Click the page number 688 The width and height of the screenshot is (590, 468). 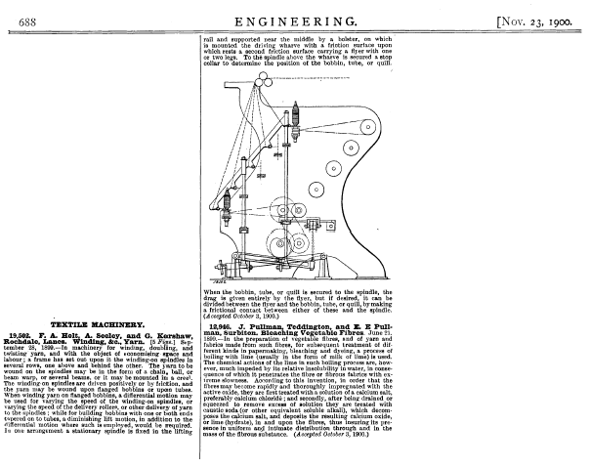(16, 19)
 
